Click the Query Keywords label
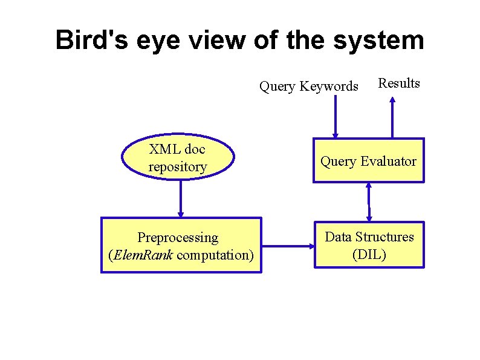point(308,87)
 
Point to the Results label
point(398,83)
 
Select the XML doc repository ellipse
point(177,157)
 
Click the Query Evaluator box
point(368,161)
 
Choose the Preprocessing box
point(181,246)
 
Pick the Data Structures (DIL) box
point(369,245)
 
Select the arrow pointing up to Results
point(392,118)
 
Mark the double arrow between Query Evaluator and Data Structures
point(368,201)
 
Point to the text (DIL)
point(369,254)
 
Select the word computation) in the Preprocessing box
point(215,255)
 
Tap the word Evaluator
point(388,162)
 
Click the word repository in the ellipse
point(177,167)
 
